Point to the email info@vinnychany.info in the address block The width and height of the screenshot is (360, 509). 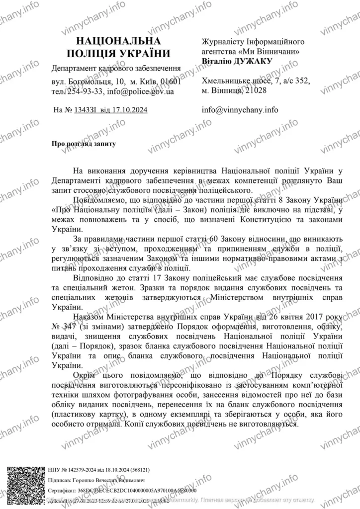(x=241, y=110)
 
